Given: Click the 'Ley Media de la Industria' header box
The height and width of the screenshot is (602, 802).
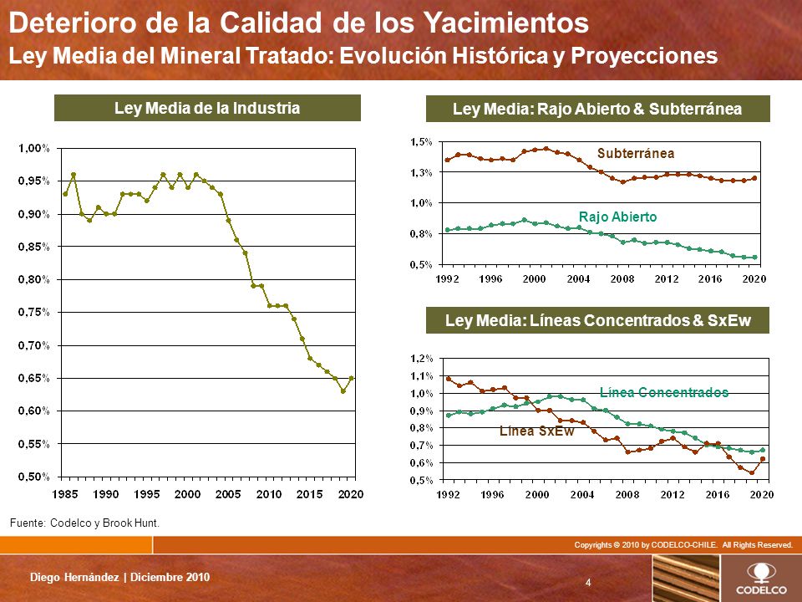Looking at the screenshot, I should [x=207, y=108].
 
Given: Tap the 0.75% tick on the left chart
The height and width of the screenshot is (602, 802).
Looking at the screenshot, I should [x=34, y=312].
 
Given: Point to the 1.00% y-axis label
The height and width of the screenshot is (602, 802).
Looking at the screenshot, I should [x=34, y=148].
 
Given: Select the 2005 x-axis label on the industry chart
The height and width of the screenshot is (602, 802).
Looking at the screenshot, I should [x=228, y=494].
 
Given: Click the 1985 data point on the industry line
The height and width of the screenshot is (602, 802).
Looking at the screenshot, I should [x=65, y=194].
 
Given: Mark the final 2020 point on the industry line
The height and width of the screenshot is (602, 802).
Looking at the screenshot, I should [x=352, y=378].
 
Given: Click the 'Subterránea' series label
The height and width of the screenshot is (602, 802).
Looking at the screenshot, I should [x=635, y=153].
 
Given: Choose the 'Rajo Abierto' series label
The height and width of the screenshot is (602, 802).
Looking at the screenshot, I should [x=617, y=217].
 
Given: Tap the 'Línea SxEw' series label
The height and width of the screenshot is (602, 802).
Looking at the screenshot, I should [x=536, y=431].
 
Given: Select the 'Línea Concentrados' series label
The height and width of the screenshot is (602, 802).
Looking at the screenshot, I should [x=664, y=392].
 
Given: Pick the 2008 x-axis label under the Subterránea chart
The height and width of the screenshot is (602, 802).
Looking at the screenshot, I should [x=622, y=278].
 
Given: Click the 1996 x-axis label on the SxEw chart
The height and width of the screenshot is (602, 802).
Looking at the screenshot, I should [x=492, y=494].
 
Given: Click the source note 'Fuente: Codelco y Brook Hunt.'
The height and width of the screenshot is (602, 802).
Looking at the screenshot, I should [x=84, y=523].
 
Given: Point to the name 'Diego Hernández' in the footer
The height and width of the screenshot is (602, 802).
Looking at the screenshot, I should [x=74, y=578].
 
